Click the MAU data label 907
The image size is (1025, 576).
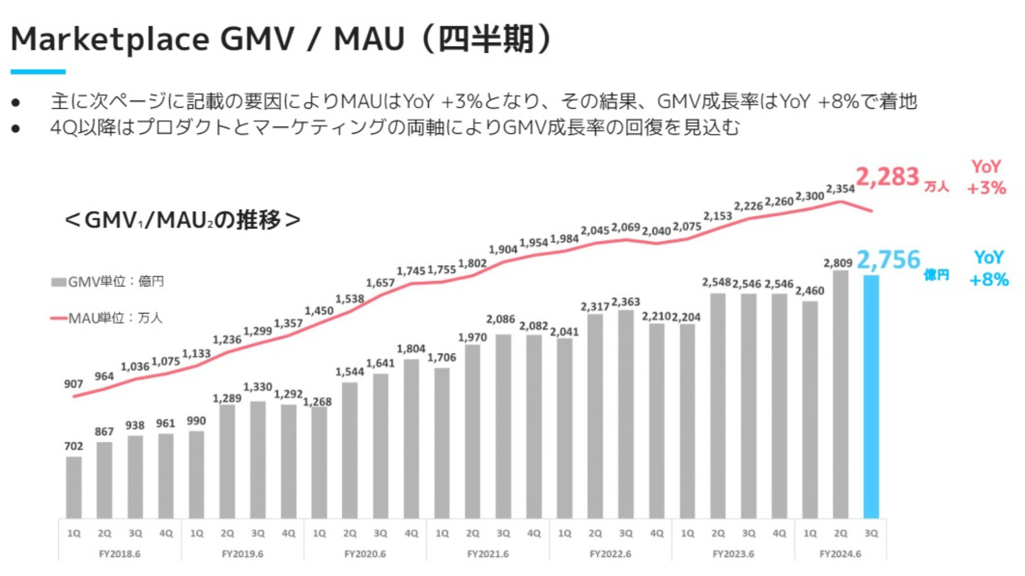click(x=74, y=384)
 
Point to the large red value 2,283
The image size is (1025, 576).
click(x=887, y=177)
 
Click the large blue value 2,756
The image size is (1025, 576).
click(x=888, y=260)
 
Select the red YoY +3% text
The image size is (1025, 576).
click(x=986, y=177)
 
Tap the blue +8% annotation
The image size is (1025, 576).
click(x=989, y=279)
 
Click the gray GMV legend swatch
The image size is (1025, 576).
click(x=58, y=282)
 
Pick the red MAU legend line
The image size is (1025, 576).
click(x=58, y=318)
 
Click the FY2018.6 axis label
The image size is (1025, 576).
click(x=120, y=554)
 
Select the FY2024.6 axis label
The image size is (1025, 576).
click(x=840, y=554)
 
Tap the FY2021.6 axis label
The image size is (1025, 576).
click(x=488, y=554)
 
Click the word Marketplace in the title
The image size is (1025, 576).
click(x=110, y=39)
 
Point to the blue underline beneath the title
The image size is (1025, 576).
click(x=38, y=71)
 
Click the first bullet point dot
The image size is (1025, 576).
click(x=15, y=102)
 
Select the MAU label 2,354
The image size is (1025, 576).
click(x=840, y=189)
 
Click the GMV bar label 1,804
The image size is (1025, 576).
click(x=411, y=349)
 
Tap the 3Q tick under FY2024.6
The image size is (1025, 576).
click(x=871, y=533)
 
